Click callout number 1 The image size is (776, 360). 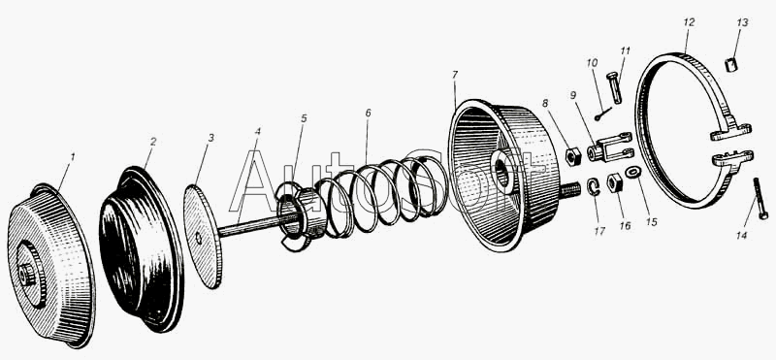click(73, 157)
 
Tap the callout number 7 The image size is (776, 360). click(455, 75)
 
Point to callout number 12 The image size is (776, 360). click(689, 22)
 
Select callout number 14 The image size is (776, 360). click(741, 236)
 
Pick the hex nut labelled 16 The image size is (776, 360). click(614, 183)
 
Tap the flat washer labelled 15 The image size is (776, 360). click(633, 173)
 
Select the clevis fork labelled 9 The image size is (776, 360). click(610, 147)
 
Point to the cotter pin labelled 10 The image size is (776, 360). click(603, 114)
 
